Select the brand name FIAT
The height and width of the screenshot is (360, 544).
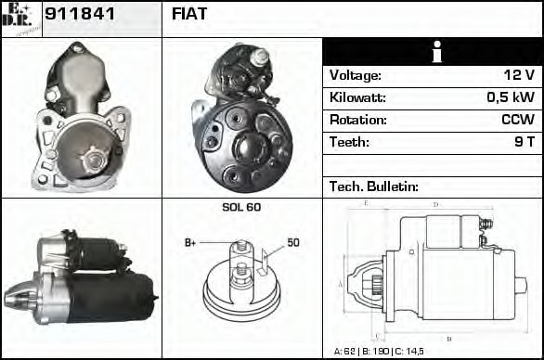tap(189, 14)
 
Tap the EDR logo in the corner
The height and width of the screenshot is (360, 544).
tap(20, 17)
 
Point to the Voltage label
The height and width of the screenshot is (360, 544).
tap(355, 75)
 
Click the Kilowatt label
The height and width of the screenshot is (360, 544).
tap(357, 97)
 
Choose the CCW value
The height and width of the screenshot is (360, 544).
tap(517, 120)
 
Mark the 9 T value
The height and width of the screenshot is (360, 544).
tap(524, 142)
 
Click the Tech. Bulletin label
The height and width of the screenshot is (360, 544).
tap(373, 186)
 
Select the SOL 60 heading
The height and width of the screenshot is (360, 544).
tap(241, 207)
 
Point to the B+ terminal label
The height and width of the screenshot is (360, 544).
tap(190, 243)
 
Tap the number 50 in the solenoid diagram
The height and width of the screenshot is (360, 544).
tap(292, 243)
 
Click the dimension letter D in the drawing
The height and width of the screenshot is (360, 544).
tap(435, 204)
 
